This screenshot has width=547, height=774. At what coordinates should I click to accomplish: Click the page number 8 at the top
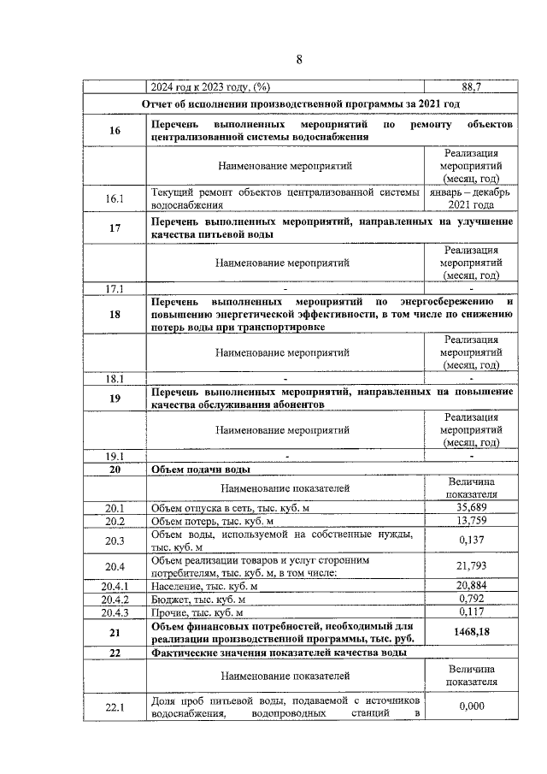299,59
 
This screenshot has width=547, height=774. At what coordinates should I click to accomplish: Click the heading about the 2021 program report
300,103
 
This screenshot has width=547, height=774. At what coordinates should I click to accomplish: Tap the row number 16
115,129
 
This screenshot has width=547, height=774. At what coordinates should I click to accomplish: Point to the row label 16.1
115,198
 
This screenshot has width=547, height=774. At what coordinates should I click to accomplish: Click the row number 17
115,227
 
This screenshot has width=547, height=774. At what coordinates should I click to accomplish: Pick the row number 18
115,314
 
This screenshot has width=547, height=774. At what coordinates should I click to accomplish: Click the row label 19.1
115,456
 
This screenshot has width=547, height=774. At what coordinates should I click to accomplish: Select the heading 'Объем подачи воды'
201,470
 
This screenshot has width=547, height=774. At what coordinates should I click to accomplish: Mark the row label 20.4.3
115,612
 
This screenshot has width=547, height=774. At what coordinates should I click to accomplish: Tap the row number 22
115,654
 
